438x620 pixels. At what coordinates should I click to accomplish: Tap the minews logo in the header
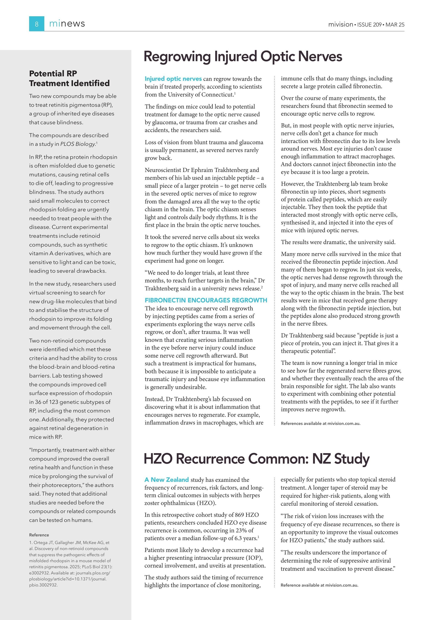point(67,24)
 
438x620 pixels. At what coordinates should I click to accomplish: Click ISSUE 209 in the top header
point(369,24)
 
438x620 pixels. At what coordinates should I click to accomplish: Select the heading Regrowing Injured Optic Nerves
point(243,56)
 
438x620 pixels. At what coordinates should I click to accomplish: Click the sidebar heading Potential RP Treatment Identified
point(69,78)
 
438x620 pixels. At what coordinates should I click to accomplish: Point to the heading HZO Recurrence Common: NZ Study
point(256,459)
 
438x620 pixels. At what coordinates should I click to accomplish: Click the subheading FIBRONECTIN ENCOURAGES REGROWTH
point(206,300)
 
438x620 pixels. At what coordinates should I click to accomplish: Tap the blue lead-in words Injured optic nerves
point(173,79)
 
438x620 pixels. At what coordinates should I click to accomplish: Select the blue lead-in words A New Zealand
point(166,480)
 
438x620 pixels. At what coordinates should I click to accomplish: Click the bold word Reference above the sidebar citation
point(39,535)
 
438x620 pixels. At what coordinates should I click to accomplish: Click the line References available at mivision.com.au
point(320,423)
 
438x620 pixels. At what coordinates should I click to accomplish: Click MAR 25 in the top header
point(395,24)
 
